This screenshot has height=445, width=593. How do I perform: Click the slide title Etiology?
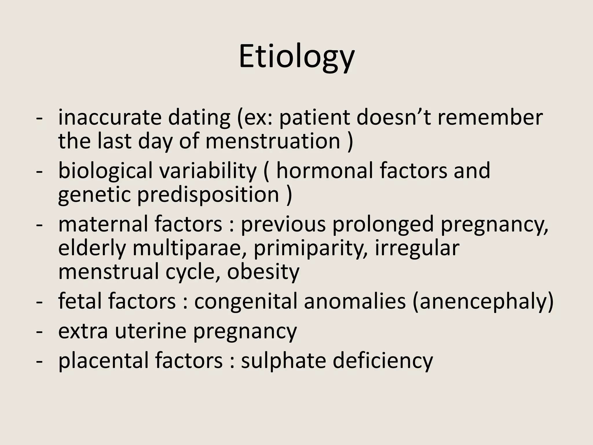click(x=296, y=57)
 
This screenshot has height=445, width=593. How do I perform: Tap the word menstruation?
click(x=273, y=141)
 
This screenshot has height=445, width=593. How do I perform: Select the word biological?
click(x=105, y=171)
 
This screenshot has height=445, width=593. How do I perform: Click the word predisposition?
click(x=208, y=194)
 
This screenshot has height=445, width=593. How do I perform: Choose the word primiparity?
click(x=311, y=248)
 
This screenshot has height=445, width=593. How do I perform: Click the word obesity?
click(x=263, y=272)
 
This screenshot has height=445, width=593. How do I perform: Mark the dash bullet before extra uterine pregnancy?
click(x=39, y=332)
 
